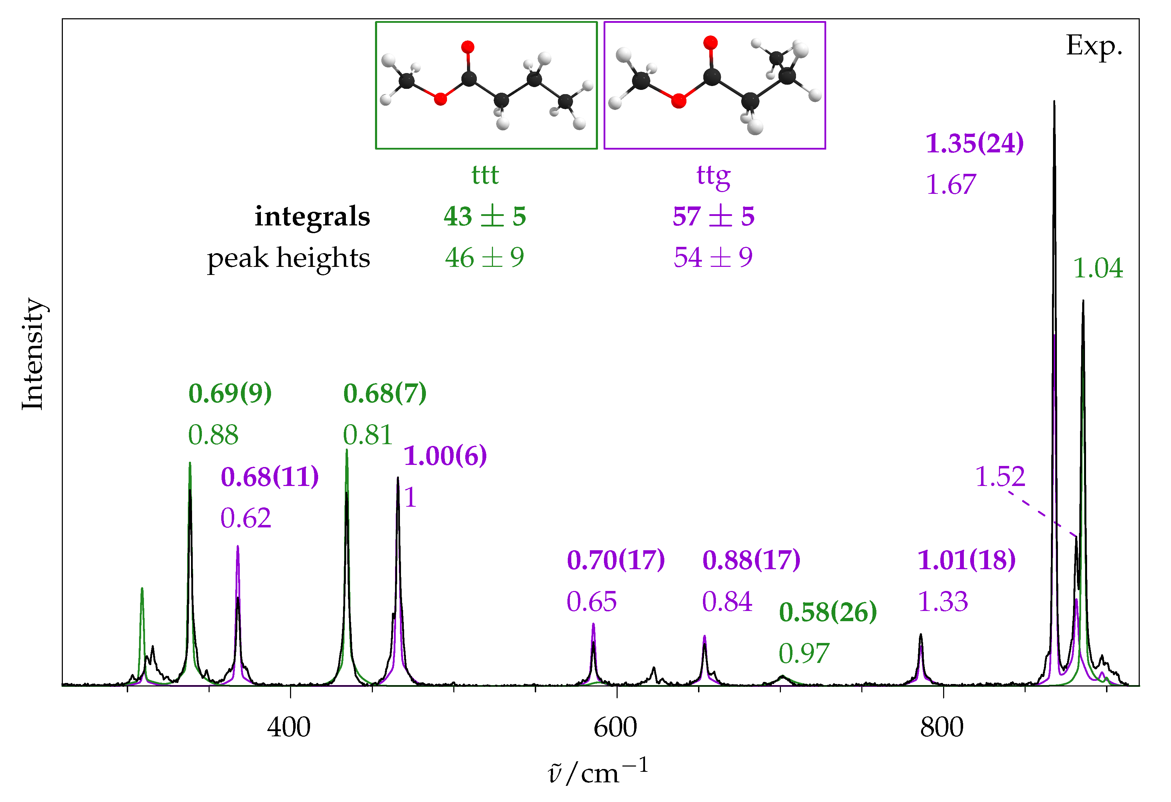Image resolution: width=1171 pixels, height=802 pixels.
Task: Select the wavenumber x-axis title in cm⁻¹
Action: [x=598, y=771]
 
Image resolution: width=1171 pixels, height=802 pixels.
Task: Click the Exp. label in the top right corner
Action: [x=1094, y=46]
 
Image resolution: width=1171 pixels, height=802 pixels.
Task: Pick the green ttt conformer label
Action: [x=485, y=175]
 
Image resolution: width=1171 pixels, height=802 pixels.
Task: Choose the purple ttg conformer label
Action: [x=713, y=176]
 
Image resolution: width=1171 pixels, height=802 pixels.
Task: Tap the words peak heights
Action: [x=288, y=258]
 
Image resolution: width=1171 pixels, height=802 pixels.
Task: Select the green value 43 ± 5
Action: [x=485, y=217]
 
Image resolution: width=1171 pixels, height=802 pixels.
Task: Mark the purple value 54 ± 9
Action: [x=713, y=258]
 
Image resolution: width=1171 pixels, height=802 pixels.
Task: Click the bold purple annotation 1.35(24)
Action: [x=974, y=144]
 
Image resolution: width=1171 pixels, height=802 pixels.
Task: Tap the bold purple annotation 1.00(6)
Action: [x=446, y=456]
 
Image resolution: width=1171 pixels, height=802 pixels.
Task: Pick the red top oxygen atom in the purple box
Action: [x=710, y=43]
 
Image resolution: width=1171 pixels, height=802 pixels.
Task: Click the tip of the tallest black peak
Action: [x=1054, y=102]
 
